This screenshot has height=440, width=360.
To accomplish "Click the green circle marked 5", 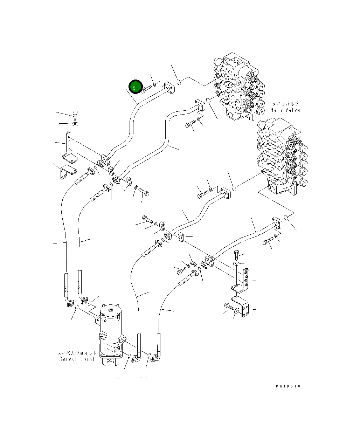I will [135, 87].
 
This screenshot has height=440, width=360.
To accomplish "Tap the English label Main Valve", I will [285, 110].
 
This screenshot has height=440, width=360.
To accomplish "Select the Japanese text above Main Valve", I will [285, 104].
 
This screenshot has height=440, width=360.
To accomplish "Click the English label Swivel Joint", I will [77, 359].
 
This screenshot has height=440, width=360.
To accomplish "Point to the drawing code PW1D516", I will [288, 386].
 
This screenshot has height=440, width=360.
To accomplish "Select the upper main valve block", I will [238, 89].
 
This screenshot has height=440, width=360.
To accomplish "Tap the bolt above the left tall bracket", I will [75, 114].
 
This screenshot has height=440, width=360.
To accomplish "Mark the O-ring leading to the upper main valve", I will [179, 82].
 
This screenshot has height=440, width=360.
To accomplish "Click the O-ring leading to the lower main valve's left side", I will [234, 188].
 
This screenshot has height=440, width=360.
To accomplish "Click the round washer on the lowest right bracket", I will [237, 310].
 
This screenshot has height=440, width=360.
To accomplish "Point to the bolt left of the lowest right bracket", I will [228, 307].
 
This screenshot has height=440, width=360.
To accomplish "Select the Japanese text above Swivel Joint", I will [77, 353].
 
